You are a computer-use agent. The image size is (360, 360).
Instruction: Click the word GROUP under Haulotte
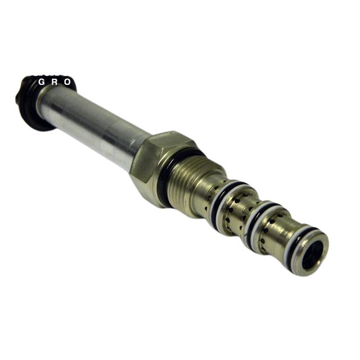(x=67, y=82)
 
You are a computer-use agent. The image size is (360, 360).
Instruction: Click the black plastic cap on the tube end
(x=30, y=101)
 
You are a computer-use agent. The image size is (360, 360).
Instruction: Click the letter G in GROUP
(x=42, y=82)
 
